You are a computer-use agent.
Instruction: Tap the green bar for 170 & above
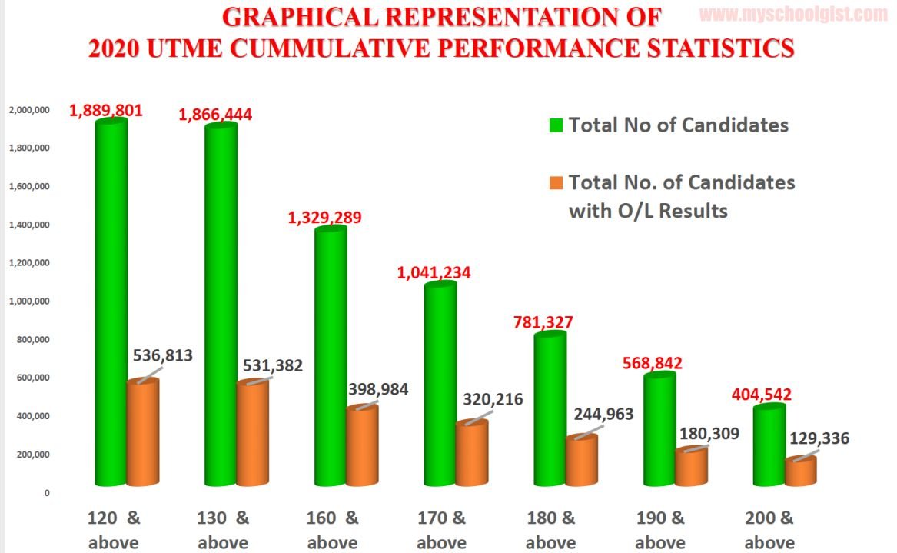click(x=440, y=385)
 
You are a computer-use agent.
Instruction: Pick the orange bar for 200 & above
click(x=800, y=471)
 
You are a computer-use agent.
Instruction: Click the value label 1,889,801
click(x=106, y=110)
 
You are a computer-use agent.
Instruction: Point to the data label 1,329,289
click(x=324, y=217)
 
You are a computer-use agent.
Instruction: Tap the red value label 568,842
click(x=653, y=362)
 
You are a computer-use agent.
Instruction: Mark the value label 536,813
click(x=162, y=355)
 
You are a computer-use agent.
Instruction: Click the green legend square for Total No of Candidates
click(x=556, y=125)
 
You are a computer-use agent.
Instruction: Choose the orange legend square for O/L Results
click(x=556, y=183)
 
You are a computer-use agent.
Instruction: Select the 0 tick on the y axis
click(x=46, y=493)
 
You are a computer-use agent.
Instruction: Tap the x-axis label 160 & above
click(x=332, y=529)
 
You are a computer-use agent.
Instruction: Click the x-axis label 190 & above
click(x=661, y=529)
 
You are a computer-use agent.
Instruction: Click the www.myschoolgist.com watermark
click(x=795, y=13)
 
